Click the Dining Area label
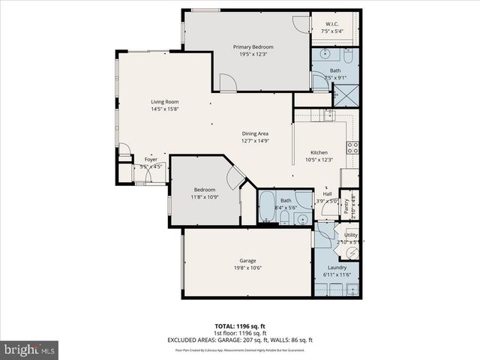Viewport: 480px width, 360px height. [x=255, y=133]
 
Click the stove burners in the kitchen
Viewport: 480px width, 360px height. [x=352, y=148]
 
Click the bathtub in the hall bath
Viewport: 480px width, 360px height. [x=268, y=206]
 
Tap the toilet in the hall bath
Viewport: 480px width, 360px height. [x=286, y=217]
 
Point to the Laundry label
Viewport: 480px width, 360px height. [x=337, y=268]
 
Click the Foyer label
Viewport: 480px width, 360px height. [x=151, y=160]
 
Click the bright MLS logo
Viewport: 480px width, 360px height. [x=30, y=349]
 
